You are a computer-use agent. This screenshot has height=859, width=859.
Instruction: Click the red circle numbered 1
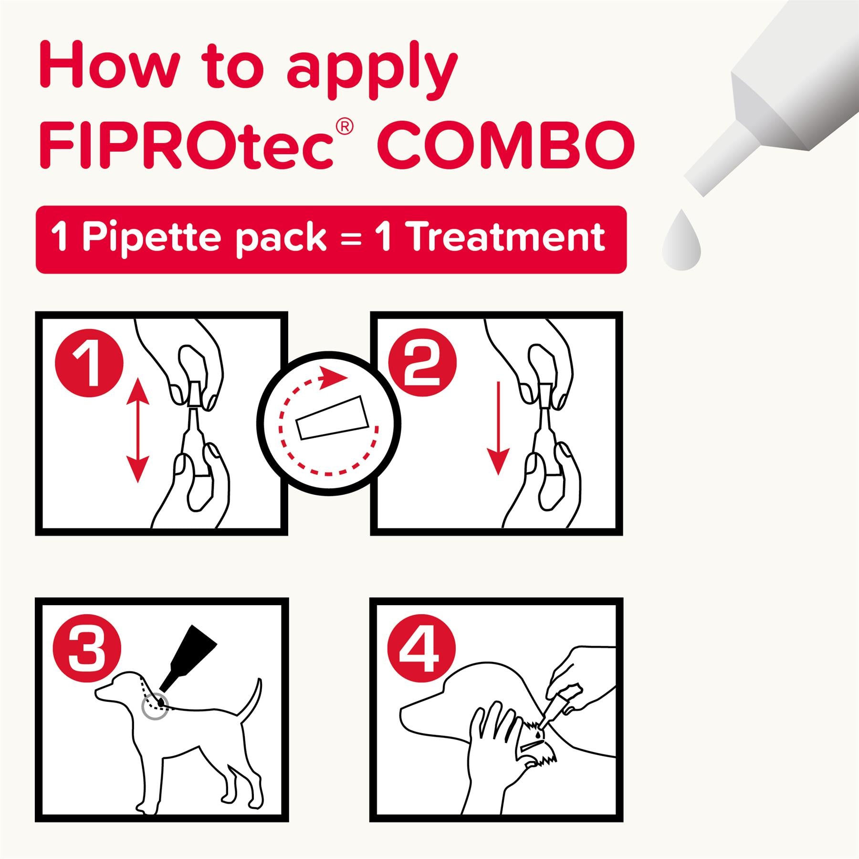pos(89,364)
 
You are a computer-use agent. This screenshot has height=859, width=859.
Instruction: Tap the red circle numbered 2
pos(422,364)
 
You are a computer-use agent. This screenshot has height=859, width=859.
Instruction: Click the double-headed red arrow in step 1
pos(137,429)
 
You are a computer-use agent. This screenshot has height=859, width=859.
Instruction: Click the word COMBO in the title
pos(508,143)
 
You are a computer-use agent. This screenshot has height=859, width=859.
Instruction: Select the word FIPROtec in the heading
pos(186,143)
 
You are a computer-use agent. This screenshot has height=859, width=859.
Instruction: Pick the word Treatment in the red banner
pos(507,238)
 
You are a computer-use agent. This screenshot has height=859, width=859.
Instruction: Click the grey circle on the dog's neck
pos(155,707)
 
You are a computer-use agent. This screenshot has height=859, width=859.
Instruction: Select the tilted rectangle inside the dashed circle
pos(332,417)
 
